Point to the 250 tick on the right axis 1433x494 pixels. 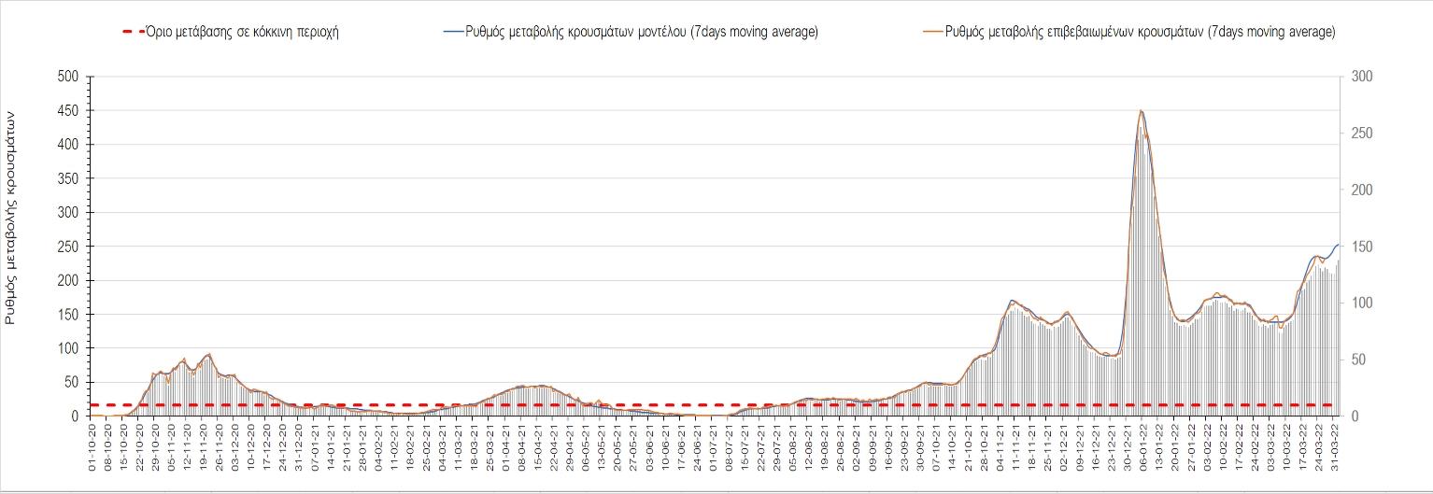click(x=1355, y=133)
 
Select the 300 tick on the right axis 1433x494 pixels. click(x=1355, y=76)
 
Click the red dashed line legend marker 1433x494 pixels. click(x=133, y=32)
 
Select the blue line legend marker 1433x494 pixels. click(x=452, y=32)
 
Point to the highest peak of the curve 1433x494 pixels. click(x=1141, y=111)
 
